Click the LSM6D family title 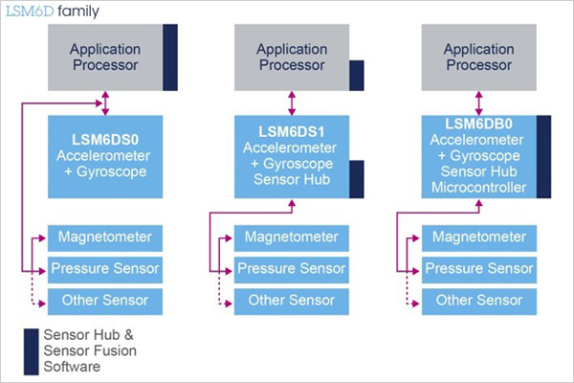point(53,11)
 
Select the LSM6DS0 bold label point(105,140)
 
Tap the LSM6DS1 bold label point(292,131)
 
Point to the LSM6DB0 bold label point(478,124)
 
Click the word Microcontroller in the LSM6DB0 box point(478,188)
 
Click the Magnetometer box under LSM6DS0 point(105,238)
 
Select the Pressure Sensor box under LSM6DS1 point(292,270)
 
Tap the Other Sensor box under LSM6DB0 point(479,302)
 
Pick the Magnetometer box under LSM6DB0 point(479,238)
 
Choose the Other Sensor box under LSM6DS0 point(105,302)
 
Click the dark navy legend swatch point(32,351)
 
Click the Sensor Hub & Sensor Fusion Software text point(90,350)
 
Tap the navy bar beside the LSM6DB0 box point(543,157)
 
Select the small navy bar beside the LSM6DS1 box point(357,179)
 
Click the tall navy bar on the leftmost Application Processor point(170,57)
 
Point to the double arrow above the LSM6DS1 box point(292,103)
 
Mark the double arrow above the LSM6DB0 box point(479,103)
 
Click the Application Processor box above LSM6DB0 point(479,57)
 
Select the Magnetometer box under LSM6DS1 point(292,238)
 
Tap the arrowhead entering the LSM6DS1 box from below point(292,203)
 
